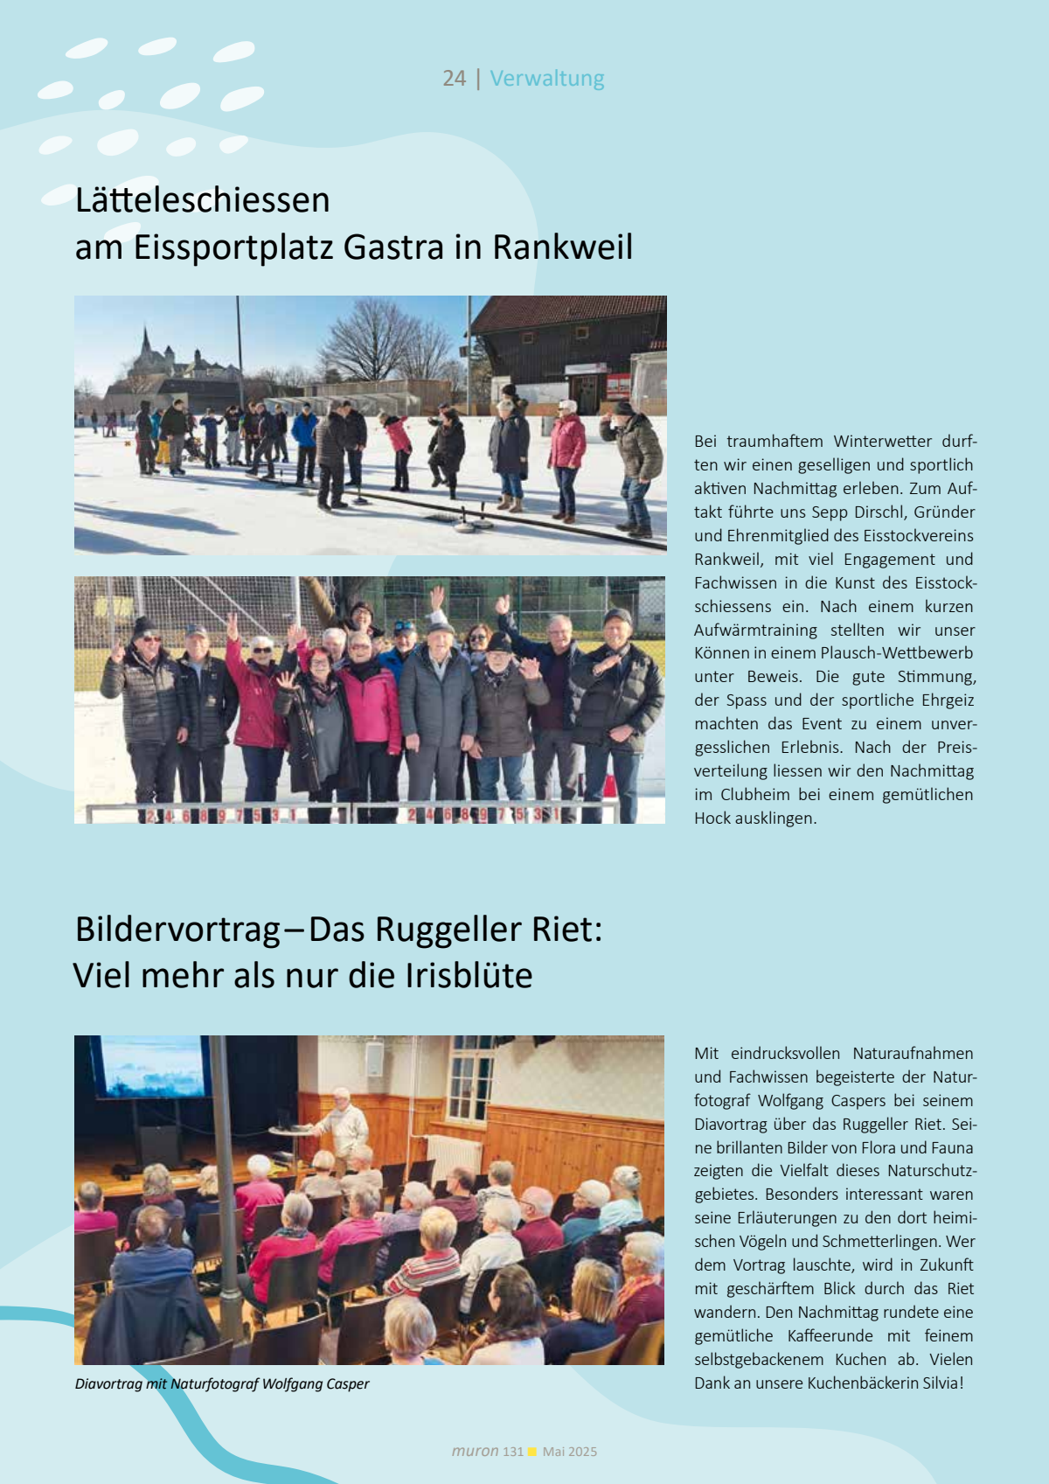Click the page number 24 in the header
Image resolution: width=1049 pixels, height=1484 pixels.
pos(454,79)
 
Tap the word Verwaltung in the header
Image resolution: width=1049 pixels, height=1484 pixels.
pos(546,79)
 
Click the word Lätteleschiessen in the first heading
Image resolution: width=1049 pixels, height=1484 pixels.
pos(202,200)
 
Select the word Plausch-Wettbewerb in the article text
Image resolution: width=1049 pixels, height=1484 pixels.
pos(896,653)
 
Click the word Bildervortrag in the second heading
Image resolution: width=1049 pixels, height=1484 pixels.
pos(177,929)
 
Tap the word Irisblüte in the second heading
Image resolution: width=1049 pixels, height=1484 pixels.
pos(469,976)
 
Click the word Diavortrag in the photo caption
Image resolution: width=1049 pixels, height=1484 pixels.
pos(108,1384)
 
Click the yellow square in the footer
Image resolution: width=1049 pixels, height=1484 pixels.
pos(532,1452)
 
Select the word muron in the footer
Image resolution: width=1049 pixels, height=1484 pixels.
pos(475,1451)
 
